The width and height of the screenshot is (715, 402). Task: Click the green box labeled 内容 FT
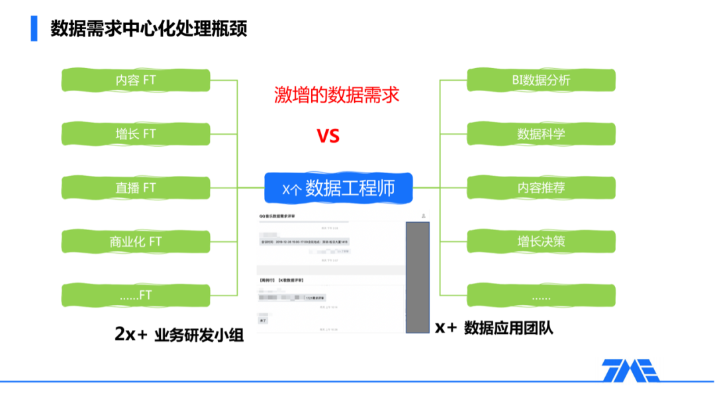pos(136,80)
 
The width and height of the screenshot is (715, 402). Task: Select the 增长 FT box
pos(136,134)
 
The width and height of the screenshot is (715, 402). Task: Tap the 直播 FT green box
pos(136,188)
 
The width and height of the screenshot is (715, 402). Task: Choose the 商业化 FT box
pos(136,241)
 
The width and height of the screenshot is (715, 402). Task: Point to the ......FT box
pos(136,295)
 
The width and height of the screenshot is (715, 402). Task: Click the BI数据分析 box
pos(541,80)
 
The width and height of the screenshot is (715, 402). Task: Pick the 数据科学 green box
pos(541,134)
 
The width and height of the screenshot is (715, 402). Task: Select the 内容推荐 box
pos(541,188)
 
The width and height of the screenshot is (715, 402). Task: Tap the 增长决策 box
pos(541,241)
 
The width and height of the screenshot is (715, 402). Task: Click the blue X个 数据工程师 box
pos(338,188)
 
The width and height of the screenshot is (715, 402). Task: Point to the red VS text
pos(328,136)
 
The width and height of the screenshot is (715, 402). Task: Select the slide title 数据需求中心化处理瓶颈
pos(148,29)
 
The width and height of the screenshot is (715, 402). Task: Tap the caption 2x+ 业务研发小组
pos(179,335)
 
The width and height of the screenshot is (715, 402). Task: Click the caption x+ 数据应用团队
pos(494,328)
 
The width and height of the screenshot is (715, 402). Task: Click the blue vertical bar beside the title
pos(34,28)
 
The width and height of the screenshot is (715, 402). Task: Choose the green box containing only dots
pos(541,295)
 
